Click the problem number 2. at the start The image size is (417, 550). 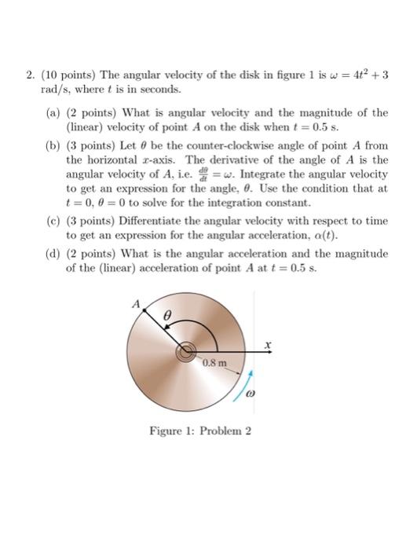(29, 77)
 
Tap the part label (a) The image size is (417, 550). (53, 113)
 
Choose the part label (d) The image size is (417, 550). (53, 254)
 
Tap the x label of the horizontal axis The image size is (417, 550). (268, 343)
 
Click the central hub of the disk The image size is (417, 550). (188, 353)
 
